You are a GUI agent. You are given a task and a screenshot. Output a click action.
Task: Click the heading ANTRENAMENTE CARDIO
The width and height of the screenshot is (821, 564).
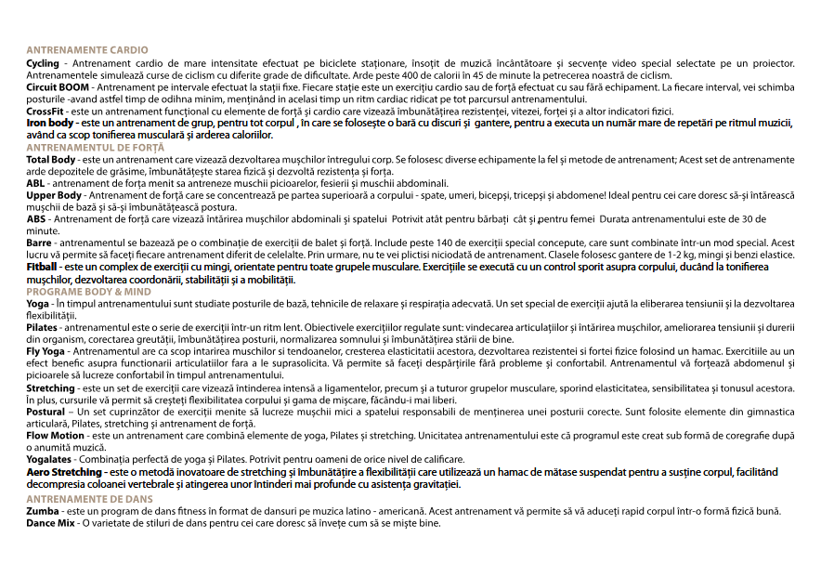tap(86, 50)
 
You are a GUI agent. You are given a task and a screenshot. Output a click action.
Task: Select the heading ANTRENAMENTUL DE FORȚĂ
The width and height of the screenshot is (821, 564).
tap(95, 148)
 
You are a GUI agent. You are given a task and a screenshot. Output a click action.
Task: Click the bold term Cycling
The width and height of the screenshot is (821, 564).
tap(43, 62)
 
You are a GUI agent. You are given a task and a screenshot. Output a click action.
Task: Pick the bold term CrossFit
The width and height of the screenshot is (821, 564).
tap(45, 111)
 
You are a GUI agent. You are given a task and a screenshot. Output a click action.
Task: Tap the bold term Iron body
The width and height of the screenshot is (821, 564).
tap(50, 123)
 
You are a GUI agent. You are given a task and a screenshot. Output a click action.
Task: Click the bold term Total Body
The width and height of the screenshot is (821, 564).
tap(51, 160)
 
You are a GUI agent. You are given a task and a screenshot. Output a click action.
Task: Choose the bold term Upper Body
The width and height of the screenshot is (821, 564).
tap(54, 196)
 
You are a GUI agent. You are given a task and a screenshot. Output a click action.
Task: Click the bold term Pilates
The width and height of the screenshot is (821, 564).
tap(42, 328)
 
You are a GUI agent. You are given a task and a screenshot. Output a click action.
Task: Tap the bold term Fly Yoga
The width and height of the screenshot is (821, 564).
tap(46, 352)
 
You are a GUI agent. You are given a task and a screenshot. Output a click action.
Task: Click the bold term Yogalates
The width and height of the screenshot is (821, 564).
tap(48, 460)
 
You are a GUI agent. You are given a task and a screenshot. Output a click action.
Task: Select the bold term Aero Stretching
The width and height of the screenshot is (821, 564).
tap(64, 472)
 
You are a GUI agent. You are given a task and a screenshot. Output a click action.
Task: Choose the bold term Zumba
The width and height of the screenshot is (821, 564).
tap(43, 511)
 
